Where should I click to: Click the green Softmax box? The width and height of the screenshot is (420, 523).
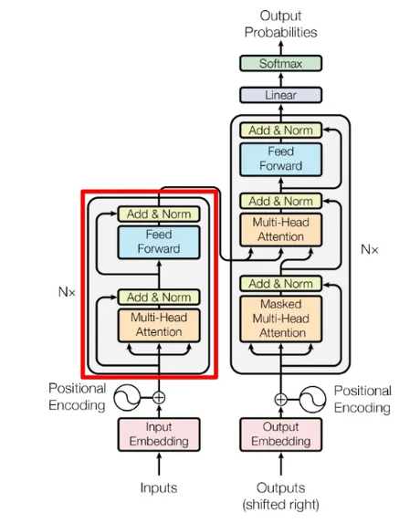click(280, 63)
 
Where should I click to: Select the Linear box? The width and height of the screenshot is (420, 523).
click(280, 95)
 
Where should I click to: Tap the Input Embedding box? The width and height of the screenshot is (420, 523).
click(159, 434)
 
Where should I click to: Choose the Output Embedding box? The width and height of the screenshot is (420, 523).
click(281, 434)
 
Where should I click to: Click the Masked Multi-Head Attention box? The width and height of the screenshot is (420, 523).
click(281, 319)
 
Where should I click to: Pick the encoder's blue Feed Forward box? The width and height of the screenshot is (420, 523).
click(159, 242)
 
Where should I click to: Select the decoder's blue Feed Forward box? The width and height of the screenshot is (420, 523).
click(280, 160)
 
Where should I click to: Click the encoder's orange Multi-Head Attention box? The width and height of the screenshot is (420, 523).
click(159, 325)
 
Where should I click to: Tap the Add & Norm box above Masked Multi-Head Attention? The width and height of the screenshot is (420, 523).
click(281, 284)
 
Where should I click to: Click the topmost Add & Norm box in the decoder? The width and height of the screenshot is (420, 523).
click(280, 131)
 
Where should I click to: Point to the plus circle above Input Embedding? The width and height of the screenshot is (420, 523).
click(159, 398)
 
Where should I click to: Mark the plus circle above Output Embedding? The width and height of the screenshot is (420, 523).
click(281, 399)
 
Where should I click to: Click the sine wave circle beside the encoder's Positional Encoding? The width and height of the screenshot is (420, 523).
click(127, 398)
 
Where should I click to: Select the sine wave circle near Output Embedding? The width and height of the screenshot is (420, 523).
click(312, 399)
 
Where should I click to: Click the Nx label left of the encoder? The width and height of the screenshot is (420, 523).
click(67, 292)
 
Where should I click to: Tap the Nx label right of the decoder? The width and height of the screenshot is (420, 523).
click(370, 249)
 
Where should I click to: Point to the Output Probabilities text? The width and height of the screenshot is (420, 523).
click(280, 24)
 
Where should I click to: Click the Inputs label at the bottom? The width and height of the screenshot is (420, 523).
click(159, 487)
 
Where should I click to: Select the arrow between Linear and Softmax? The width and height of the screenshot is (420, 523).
click(280, 79)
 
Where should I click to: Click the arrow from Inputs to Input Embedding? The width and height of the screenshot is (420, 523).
click(159, 464)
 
